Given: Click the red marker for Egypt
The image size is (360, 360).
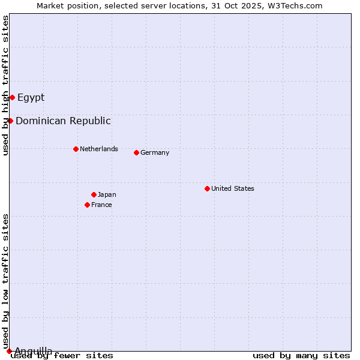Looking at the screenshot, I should (x=12, y=97).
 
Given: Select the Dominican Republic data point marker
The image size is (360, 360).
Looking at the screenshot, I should (x=10, y=121).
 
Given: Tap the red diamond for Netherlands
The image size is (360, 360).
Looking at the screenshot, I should (x=76, y=149).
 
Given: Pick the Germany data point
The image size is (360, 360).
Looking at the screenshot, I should (x=136, y=152).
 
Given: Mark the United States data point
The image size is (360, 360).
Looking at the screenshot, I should (x=207, y=188).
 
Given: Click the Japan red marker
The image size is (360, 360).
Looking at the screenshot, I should (x=94, y=194).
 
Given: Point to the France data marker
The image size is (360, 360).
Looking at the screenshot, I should (x=87, y=205).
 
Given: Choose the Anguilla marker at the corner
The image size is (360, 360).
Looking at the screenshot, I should (x=9, y=351).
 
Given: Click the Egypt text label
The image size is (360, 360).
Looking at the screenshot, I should (x=31, y=97).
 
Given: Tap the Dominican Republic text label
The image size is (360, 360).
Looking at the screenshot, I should (x=63, y=121).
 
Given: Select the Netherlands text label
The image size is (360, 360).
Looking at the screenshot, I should (x=99, y=149).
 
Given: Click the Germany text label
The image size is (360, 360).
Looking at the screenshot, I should (x=155, y=152).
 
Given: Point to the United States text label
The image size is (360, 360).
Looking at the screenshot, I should (x=233, y=188).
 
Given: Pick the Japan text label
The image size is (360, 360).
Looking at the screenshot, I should (x=107, y=194).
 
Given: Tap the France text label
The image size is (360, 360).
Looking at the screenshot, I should (x=101, y=205).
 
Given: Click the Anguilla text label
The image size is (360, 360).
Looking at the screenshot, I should (x=33, y=350).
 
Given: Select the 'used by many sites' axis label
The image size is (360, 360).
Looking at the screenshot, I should (x=301, y=356).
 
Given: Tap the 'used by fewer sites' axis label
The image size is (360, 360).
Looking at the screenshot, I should (x=62, y=356).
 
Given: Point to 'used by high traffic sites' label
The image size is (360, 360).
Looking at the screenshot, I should (x=5, y=85).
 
